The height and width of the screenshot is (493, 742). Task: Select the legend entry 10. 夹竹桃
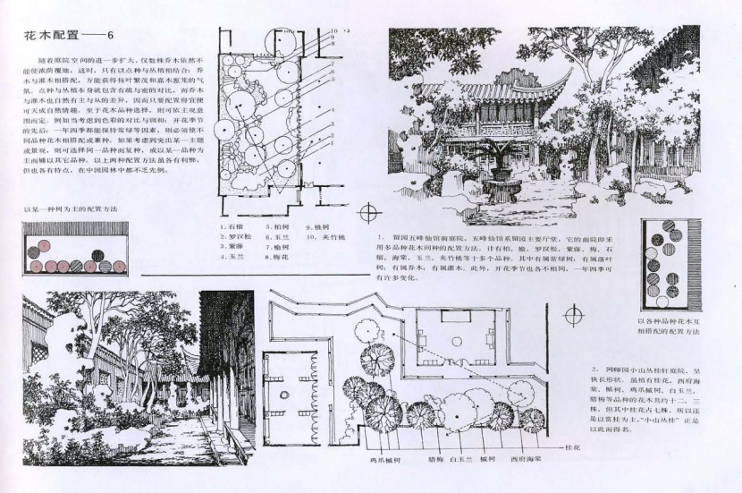pos(318,236)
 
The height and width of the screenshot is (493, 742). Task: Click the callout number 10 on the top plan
pos(333,31)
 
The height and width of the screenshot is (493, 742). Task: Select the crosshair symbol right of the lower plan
pos(573,316)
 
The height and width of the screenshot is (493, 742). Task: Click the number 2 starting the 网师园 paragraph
pos(594,369)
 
